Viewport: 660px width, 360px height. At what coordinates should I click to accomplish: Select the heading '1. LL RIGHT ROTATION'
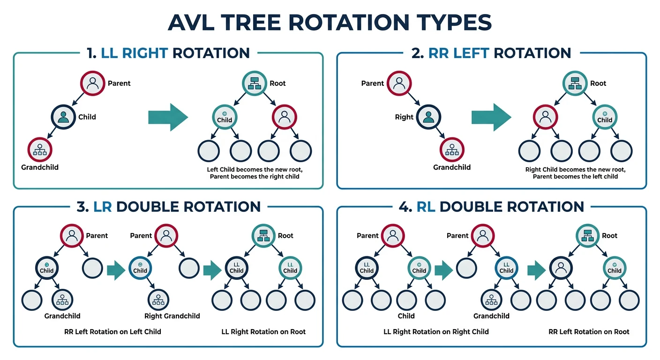coord(168,52)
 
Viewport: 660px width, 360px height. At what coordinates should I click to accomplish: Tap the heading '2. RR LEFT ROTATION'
coord(491,52)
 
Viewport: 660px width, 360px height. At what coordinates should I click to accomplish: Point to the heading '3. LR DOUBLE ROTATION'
coord(168,207)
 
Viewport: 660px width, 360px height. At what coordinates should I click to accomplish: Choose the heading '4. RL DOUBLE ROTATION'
coord(492,207)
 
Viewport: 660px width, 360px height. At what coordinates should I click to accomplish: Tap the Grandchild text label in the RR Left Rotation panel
coord(452,167)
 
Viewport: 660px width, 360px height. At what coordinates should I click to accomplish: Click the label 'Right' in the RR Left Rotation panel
coord(404,117)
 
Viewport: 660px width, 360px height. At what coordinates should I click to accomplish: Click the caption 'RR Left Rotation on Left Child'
coord(112,331)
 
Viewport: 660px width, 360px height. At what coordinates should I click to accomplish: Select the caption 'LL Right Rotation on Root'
coord(263,331)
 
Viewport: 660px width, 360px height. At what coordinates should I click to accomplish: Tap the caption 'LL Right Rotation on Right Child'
coord(436,331)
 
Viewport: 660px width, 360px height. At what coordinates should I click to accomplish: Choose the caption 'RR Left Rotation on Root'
coord(589,331)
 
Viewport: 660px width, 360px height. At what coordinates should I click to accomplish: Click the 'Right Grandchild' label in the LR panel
coord(172,316)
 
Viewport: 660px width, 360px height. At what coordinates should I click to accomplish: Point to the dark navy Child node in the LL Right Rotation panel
coord(63,117)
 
